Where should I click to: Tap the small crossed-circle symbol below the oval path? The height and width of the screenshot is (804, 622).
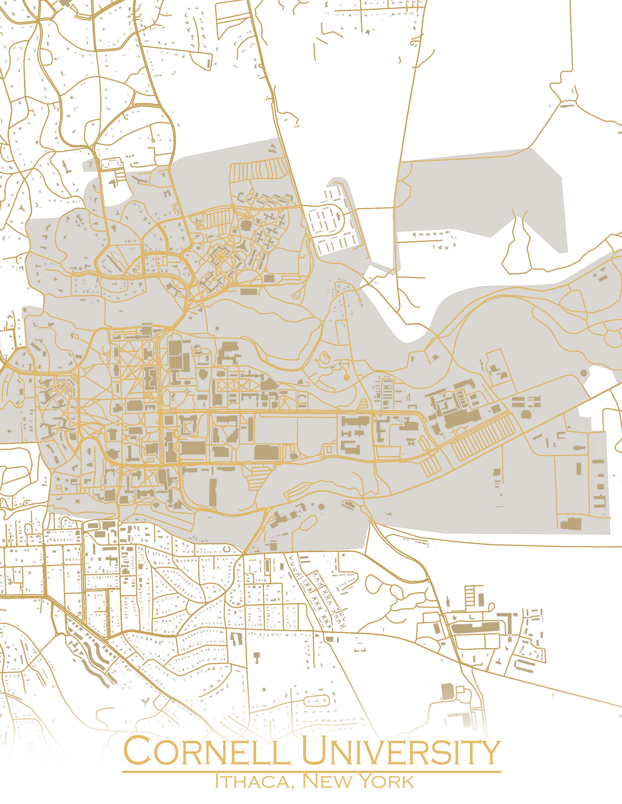point(346,377)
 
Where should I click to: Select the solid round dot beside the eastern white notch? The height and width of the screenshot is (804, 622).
point(583,373)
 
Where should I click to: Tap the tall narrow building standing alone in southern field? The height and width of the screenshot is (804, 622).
point(213,493)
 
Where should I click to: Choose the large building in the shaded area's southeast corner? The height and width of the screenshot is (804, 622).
point(571,523)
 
